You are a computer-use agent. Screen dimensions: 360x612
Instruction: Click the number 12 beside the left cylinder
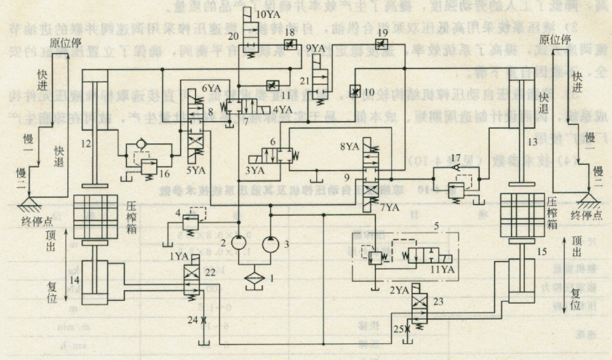(x=86, y=142)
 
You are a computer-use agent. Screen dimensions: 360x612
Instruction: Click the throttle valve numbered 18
(x=288, y=45)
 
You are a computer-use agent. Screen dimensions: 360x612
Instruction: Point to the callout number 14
(x=74, y=281)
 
